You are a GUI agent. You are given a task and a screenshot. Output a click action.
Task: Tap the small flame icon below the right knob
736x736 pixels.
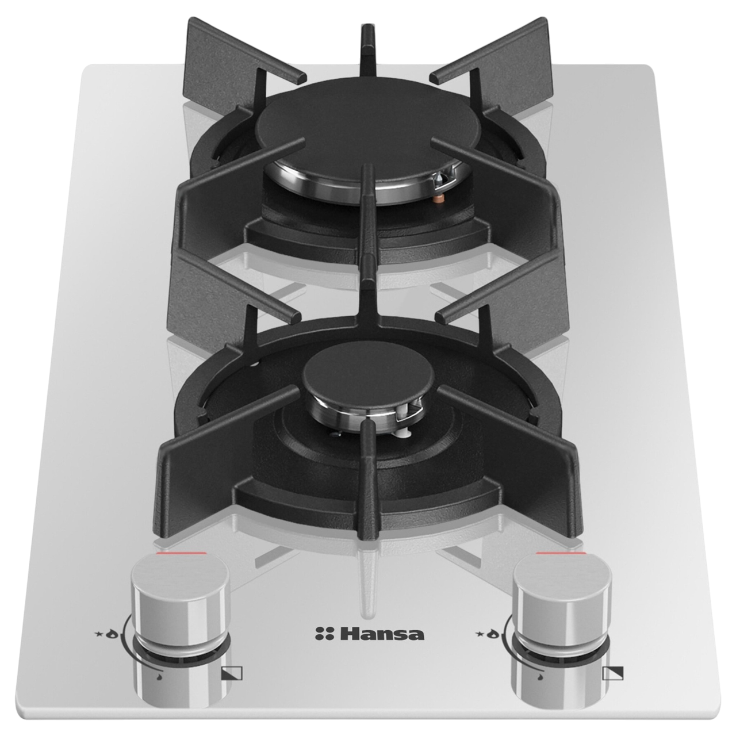tap(540, 678)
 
